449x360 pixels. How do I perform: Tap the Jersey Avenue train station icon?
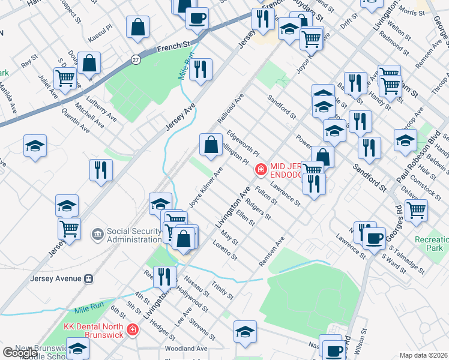[88, 278]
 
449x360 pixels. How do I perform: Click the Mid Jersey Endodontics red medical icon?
[261, 170]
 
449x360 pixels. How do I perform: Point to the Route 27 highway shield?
[136, 59]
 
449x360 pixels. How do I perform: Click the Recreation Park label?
[431, 243]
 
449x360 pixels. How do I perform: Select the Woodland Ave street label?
[187, 348]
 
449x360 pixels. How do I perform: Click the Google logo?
[20, 353]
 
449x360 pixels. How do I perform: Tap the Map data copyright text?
[424, 355]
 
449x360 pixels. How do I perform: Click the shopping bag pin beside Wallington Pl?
[211, 145]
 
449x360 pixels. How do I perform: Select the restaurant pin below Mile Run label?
[200, 69]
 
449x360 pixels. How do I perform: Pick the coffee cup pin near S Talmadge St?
[374, 238]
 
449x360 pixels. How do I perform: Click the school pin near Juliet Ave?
[35, 146]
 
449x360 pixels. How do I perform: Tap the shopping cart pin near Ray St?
[65, 77]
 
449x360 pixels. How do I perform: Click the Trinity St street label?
[222, 290]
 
